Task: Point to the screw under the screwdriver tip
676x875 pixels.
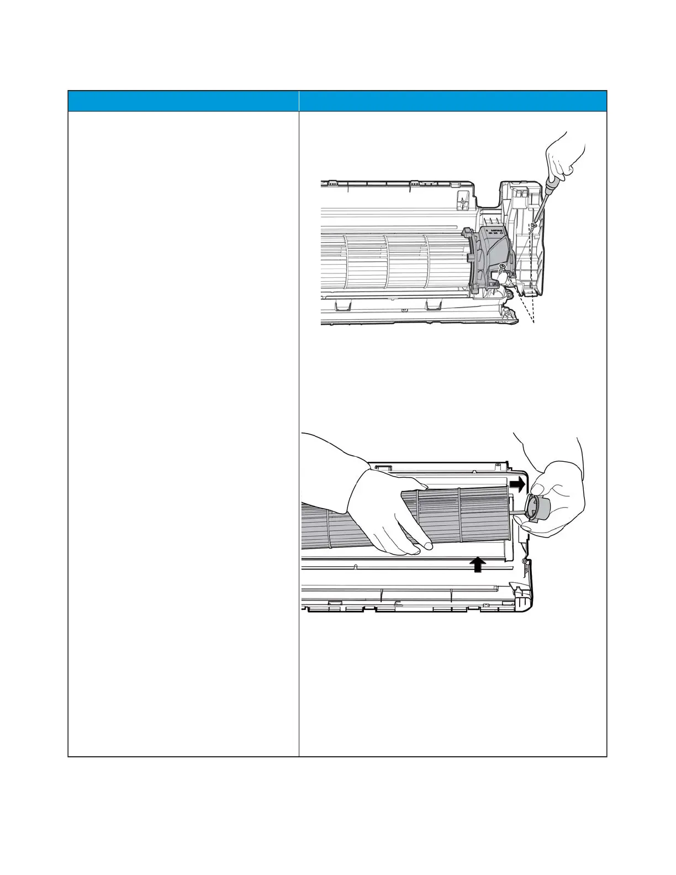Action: coord(534,224)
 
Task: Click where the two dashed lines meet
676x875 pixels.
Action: coord(533,323)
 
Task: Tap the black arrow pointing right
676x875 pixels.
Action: coord(517,484)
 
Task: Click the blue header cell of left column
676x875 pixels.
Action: coord(183,101)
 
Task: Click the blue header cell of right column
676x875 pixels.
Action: coord(452,101)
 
